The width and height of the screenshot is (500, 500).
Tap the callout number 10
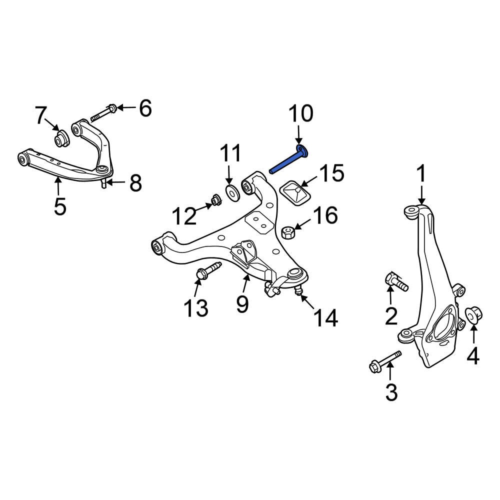pyautogui.click(x=300, y=114)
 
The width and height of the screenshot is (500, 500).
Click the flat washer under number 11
pyautogui.click(x=232, y=192)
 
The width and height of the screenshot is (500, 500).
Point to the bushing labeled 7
pyautogui.click(x=61, y=138)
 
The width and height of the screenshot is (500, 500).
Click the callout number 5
pyautogui.click(x=59, y=205)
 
